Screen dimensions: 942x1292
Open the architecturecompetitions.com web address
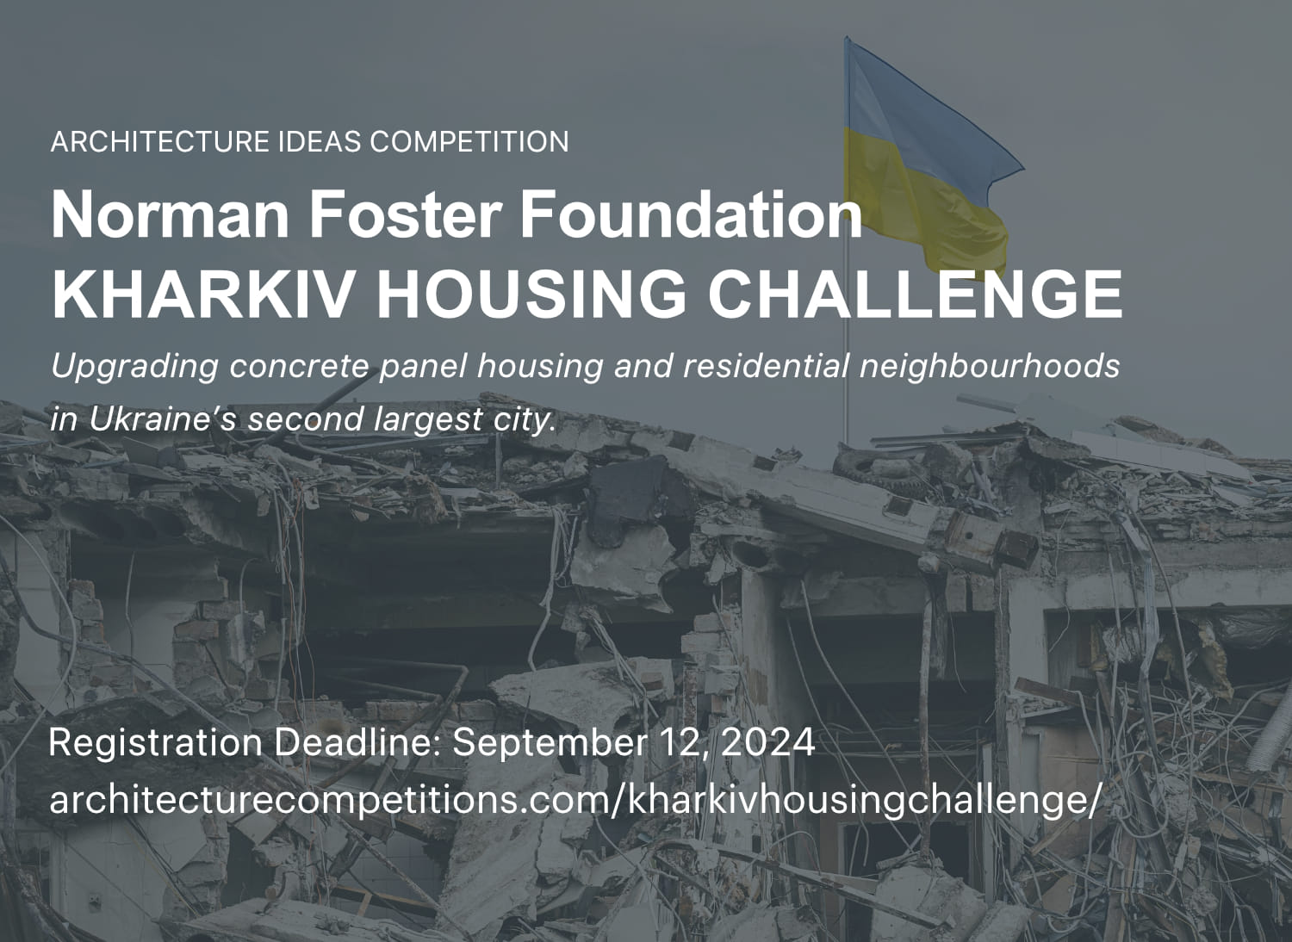coord(575,801)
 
